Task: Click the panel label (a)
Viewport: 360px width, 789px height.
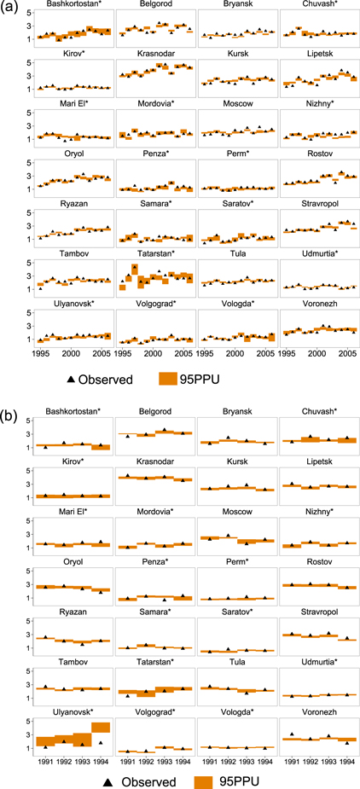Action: click(8, 7)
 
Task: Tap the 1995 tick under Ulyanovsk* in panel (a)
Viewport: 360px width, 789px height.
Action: click(40, 352)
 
